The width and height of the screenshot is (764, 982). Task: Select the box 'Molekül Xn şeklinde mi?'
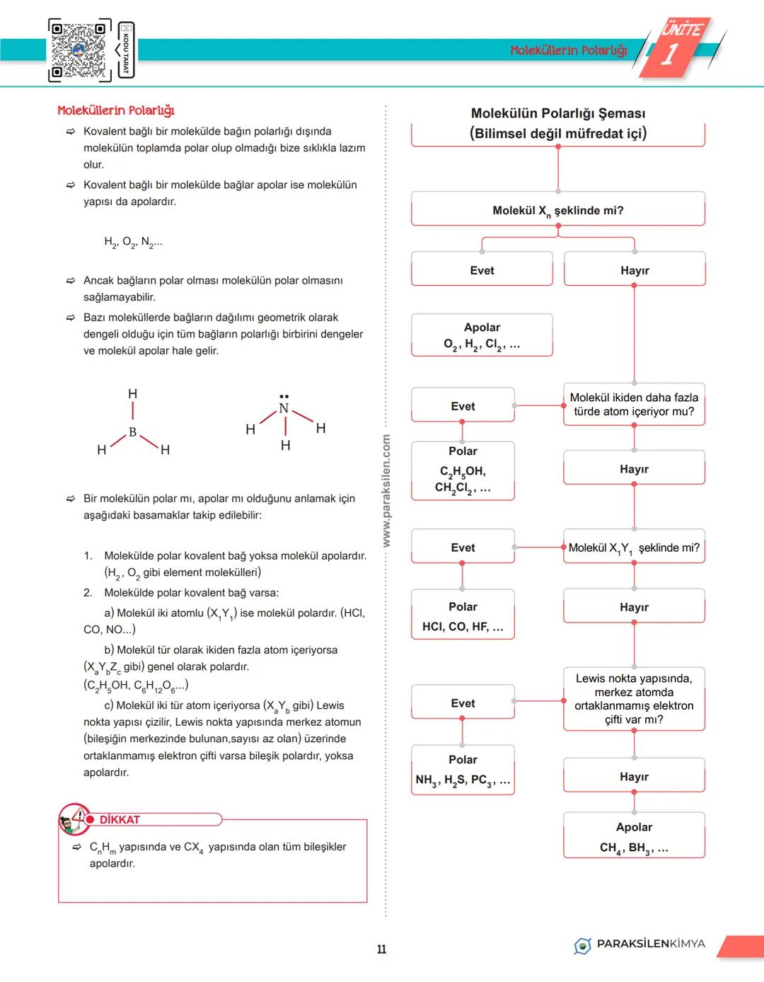tap(557, 209)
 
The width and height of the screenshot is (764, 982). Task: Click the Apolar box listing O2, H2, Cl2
tap(482, 335)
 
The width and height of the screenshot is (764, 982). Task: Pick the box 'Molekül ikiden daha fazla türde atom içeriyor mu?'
tap(634, 405)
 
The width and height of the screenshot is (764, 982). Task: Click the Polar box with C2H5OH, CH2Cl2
tap(463, 470)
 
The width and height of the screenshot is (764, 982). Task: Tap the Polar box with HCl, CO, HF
tap(463, 616)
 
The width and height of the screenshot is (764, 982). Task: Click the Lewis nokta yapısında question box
tap(634, 698)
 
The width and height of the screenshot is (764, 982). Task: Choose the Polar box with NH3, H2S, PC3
tap(463, 770)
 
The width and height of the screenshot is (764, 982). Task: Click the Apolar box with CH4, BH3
tap(634, 836)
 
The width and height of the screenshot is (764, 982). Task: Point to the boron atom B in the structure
tap(132, 432)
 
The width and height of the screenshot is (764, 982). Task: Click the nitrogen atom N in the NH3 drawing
tap(284, 408)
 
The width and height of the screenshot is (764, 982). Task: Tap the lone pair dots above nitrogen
tap(284, 396)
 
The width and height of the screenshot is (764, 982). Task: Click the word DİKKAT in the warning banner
tap(120, 819)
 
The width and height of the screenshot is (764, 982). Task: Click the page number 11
tap(381, 949)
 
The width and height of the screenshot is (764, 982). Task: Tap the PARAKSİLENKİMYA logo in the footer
tap(639, 945)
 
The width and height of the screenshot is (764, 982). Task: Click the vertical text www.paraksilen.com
tap(386, 491)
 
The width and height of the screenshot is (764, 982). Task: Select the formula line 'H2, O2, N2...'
tap(133, 242)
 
